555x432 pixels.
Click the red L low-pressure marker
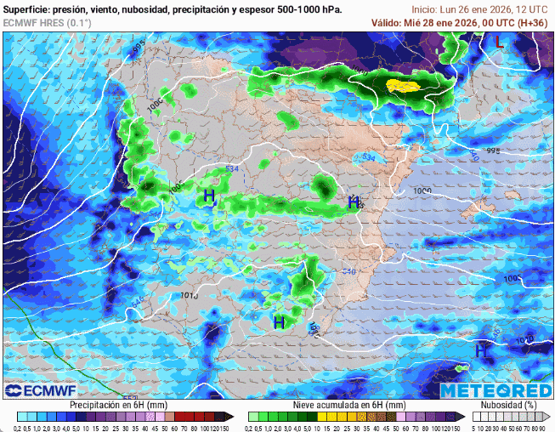click(x=499, y=41)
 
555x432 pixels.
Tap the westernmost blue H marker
click(x=209, y=196)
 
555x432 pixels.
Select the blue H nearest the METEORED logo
click(x=481, y=350)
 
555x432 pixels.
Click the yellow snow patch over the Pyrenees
click(x=404, y=85)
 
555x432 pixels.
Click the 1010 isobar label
click(x=190, y=296)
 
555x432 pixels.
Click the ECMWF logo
click(x=41, y=390)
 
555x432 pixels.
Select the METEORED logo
click(x=496, y=390)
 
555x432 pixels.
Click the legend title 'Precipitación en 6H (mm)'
click(x=118, y=406)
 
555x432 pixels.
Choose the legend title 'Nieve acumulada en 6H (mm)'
click(x=350, y=406)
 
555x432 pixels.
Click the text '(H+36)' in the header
click(x=530, y=22)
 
